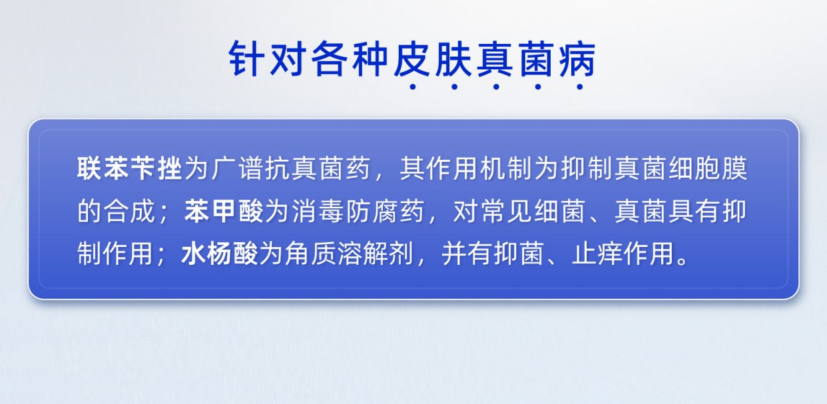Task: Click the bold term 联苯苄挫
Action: coord(129,168)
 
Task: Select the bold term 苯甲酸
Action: coord(224,212)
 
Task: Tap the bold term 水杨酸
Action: coord(219,254)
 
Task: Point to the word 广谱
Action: coord(237,168)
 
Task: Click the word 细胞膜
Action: coord(708,168)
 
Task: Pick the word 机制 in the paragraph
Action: coord(506,168)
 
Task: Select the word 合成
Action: coord(129,212)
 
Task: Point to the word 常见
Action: coord(506,212)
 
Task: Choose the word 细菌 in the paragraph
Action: coord(560,212)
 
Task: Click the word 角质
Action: coord(310,254)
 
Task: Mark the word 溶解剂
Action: coord(376,254)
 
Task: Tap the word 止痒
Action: coord(597,254)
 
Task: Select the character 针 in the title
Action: coord(246,59)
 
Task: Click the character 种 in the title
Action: coord(371,59)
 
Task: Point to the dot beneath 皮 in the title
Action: coord(413,87)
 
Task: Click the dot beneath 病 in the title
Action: coord(580,87)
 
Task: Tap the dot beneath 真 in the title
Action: coord(496,87)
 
